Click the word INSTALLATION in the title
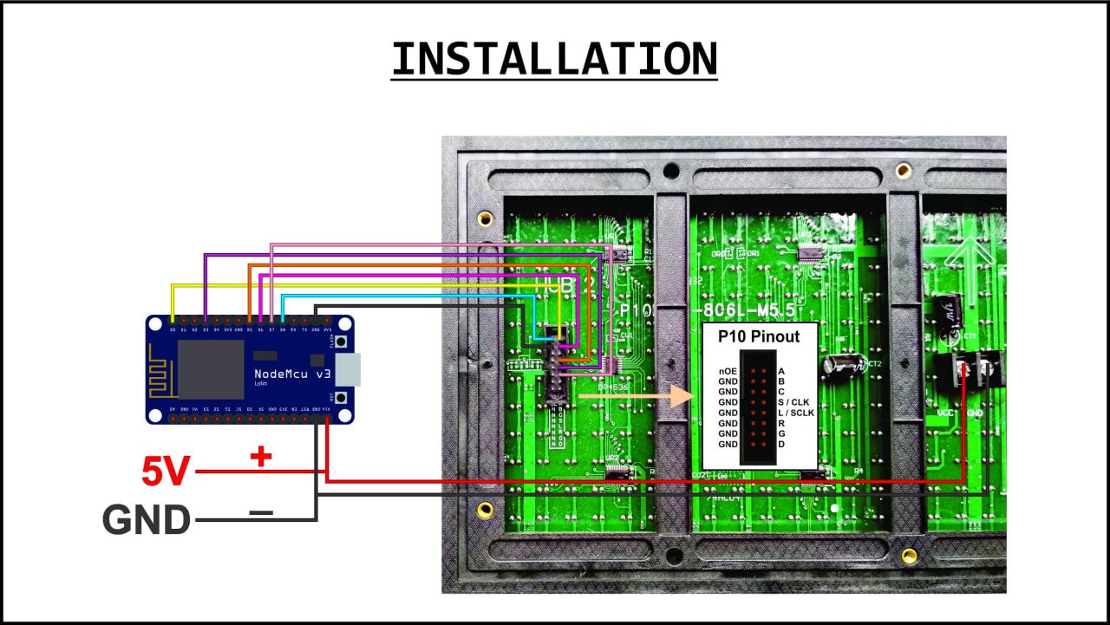(x=554, y=59)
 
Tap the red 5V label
(x=166, y=472)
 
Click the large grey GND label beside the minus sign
(x=147, y=520)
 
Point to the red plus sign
(x=260, y=457)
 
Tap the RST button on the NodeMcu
(x=342, y=398)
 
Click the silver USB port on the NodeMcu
(x=347, y=370)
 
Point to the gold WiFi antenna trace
(x=160, y=368)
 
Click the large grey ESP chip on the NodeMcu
(x=211, y=369)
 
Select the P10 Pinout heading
(x=759, y=336)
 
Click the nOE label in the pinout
(x=728, y=371)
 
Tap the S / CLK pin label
(x=793, y=402)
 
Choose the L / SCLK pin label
(x=796, y=413)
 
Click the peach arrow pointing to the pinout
(x=637, y=396)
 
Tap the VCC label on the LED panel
(x=945, y=413)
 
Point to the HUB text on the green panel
(x=555, y=283)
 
